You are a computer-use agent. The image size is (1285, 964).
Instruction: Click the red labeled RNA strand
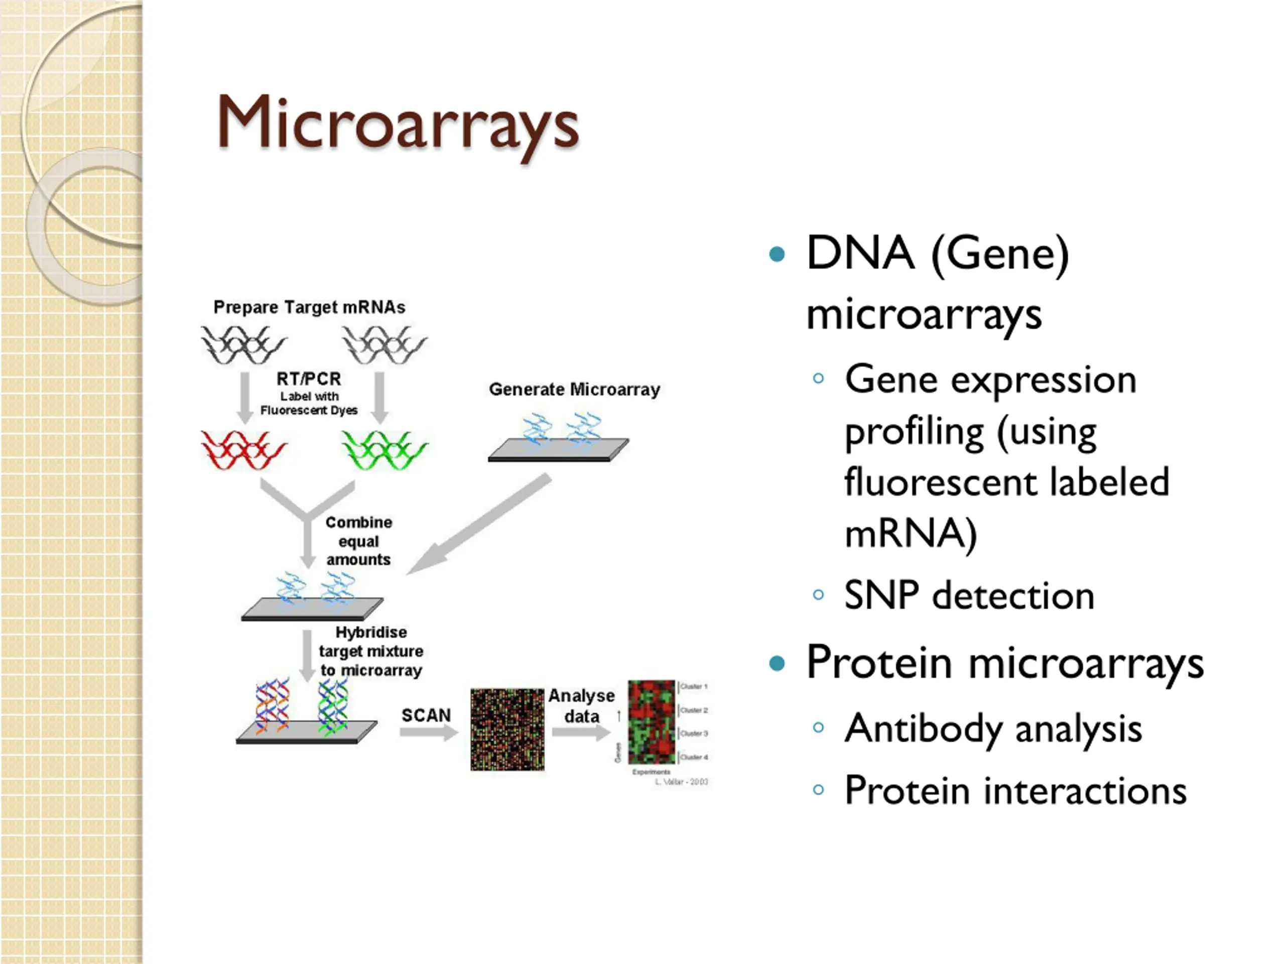244,450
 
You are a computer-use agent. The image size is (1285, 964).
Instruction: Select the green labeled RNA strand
384,450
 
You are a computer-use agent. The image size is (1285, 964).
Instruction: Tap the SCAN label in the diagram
426,715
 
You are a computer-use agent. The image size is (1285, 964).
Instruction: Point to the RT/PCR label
309,379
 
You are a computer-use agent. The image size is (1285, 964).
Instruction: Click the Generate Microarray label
574,389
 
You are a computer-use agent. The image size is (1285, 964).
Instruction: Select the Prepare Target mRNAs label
309,307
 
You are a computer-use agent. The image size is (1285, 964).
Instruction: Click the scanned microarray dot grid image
507,730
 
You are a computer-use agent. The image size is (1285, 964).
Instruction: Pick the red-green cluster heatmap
651,722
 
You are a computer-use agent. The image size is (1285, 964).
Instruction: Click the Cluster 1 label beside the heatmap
694,687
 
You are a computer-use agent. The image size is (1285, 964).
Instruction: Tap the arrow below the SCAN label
429,733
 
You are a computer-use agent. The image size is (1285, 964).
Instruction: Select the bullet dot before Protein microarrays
777,663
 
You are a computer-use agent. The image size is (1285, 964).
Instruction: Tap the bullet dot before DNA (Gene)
777,254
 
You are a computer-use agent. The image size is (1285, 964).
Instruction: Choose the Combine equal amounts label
358,541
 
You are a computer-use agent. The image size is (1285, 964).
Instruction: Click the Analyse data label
581,705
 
